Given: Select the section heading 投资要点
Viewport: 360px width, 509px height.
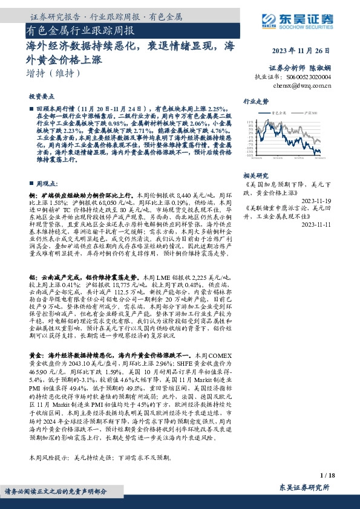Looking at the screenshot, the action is coord(40,97).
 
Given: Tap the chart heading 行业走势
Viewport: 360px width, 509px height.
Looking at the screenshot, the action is coord(255,102).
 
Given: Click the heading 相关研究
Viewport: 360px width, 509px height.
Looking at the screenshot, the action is coord(255,175).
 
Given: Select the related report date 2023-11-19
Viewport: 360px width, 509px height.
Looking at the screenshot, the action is coord(316,200).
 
